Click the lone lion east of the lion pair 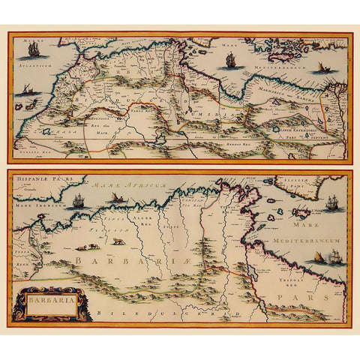pyautogui.click(x=118, y=241)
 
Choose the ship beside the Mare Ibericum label pyautogui.click(x=77, y=201)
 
